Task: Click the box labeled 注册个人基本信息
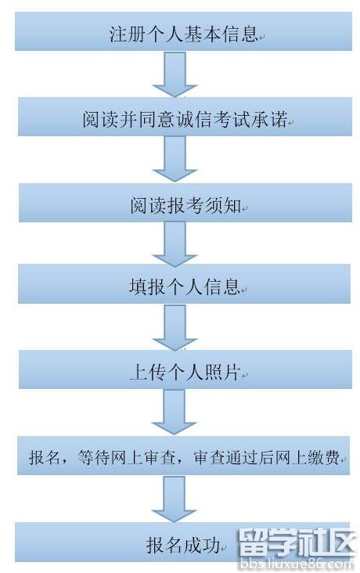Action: tap(183, 31)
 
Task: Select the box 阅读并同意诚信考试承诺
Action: tap(185, 117)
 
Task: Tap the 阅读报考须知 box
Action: tap(185, 203)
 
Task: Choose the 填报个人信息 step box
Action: tap(184, 284)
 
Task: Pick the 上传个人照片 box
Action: tap(185, 369)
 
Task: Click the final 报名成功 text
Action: tap(183, 545)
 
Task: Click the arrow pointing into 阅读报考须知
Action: tap(175, 160)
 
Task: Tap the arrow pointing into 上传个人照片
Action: tap(175, 327)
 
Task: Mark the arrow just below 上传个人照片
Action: tap(174, 412)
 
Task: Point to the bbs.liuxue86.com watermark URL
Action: tap(297, 564)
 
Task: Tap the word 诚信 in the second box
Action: tap(194, 119)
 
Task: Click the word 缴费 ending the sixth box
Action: tap(324, 457)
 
